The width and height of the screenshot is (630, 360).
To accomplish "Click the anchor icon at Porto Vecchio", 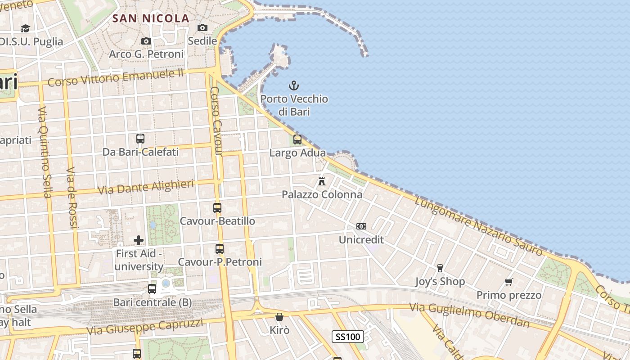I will pyautogui.click(x=294, y=85).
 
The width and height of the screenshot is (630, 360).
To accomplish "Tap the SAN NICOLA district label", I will pyautogui.click(x=150, y=18).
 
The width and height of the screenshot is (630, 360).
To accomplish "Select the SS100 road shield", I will pyautogui.click(x=348, y=337).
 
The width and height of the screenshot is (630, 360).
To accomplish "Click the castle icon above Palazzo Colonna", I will pyautogui.click(x=322, y=181).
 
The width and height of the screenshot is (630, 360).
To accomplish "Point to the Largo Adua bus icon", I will pyautogui.click(x=297, y=139).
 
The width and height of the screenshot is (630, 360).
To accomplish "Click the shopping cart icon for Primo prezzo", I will pyautogui.click(x=509, y=282).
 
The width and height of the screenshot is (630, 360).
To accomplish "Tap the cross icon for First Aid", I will pyautogui.click(x=139, y=240).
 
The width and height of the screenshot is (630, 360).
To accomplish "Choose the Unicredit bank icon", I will pyautogui.click(x=361, y=226).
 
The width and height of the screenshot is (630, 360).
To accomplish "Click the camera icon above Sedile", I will pyautogui.click(x=202, y=28).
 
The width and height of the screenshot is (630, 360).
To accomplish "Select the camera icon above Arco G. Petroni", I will pyautogui.click(x=146, y=41).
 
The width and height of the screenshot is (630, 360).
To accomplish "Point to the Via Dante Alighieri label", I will pyautogui.click(x=146, y=187).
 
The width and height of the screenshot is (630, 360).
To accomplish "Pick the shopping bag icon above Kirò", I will pyautogui.click(x=279, y=317).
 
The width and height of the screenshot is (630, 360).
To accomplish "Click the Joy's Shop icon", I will pyautogui.click(x=440, y=268).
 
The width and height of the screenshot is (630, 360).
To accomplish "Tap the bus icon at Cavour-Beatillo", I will pyautogui.click(x=217, y=208).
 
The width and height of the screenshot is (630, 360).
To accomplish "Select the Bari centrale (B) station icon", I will pyautogui.click(x=152, y=289).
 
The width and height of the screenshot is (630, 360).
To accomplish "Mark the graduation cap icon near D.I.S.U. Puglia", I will pyautogui.click(x=25, y=28).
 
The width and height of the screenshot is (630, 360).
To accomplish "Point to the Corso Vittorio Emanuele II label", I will pyautogui.click(x=116, y=78).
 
